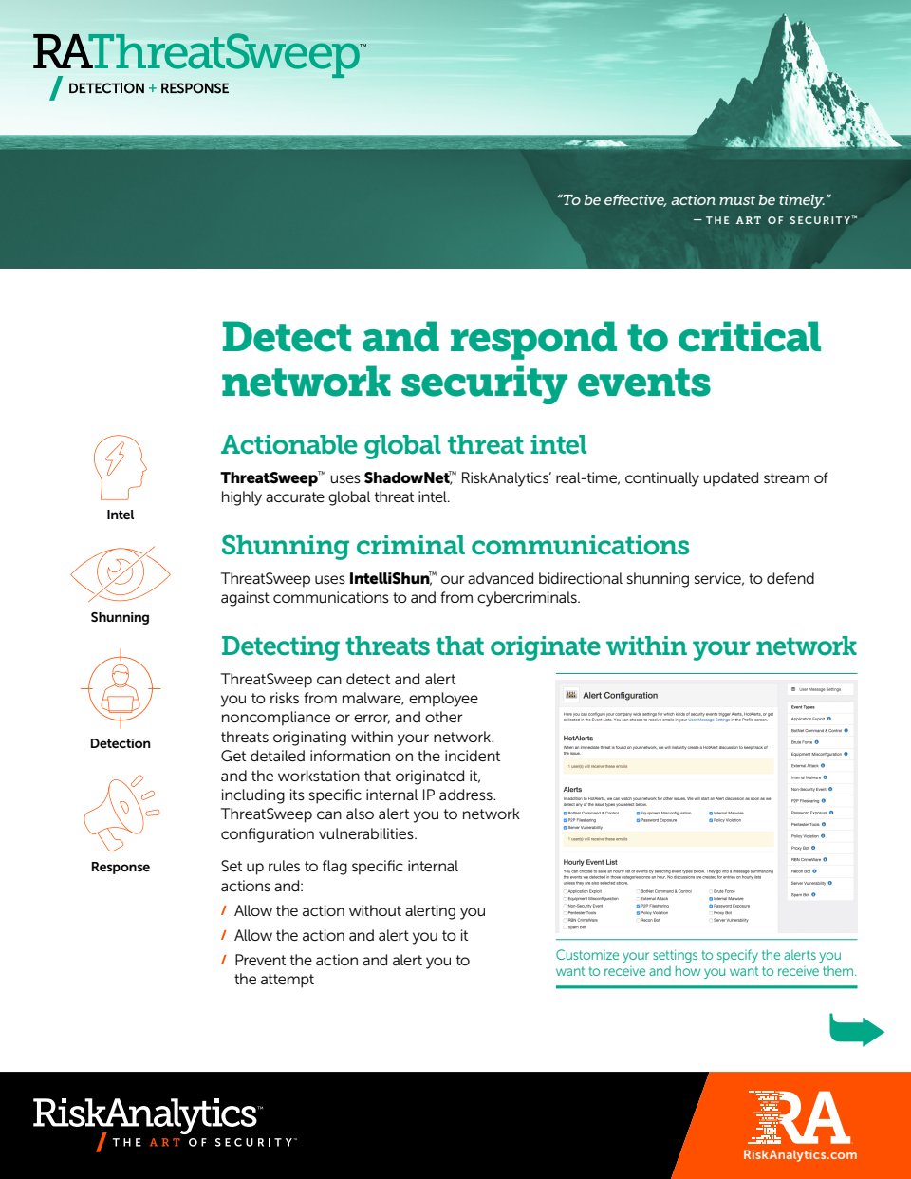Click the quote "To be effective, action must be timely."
[694, 200]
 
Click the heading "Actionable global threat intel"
[403, 445]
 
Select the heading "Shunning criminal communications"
[455, 546]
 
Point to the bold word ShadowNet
[406, 478]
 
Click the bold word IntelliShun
[389, 579]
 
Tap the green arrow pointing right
[856, 1030]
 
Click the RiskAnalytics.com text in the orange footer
[799, 1155]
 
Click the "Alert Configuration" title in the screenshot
[620, 696]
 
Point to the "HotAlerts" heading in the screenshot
[578, 738]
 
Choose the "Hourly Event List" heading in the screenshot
[590, 862]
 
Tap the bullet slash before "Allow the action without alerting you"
[224, 911]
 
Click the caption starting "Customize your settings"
[705, 964]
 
